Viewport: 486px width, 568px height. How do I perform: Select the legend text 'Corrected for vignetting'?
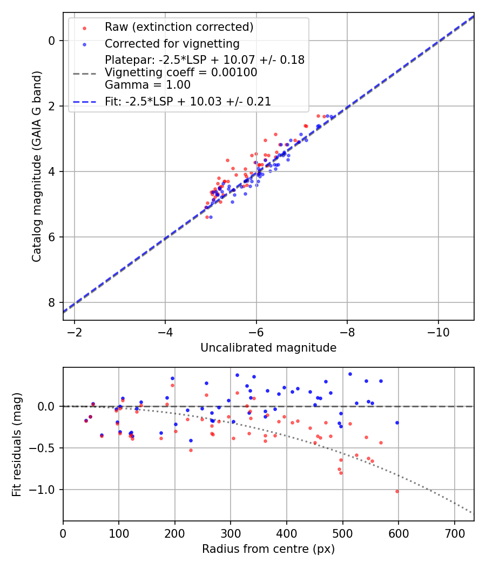pos(172,44)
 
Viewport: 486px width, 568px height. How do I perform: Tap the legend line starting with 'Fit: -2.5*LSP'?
pos(188,101)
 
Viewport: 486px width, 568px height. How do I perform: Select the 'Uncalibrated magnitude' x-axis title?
pos(268,348)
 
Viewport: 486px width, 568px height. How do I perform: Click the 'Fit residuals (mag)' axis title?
pos(17,444)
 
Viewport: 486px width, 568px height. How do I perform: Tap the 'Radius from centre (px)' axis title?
pos(268,549)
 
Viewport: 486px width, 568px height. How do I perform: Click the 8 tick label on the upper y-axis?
pos(52,302)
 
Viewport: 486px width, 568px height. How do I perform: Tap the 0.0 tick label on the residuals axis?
pos(48,406)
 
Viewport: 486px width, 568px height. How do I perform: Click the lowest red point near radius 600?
pos(397,491)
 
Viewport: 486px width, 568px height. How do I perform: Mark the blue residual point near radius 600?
pos(397,422)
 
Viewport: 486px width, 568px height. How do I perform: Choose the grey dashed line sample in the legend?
pos(84,72)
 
